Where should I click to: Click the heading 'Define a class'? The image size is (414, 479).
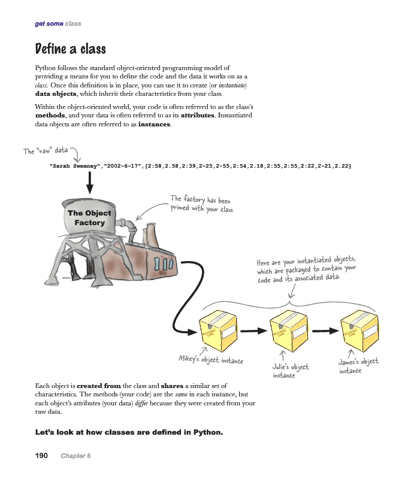tap(70, 48)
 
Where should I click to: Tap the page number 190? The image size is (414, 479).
tap(41, 456)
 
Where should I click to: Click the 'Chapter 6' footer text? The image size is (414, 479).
tap(75, 456)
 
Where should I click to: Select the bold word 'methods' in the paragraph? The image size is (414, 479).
tap(50, 115)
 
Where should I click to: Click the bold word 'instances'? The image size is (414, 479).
tap(154, 125)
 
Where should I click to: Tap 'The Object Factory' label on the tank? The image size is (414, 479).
tap(89, 217)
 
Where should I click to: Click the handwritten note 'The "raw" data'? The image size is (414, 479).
tap(46, 150)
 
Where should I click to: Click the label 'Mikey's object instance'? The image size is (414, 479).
tap(211, 360)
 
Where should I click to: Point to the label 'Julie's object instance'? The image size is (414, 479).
tap(291, 371)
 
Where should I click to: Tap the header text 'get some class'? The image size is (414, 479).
tap(58, 23)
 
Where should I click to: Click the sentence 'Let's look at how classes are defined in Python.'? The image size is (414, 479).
tap(129, 432)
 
